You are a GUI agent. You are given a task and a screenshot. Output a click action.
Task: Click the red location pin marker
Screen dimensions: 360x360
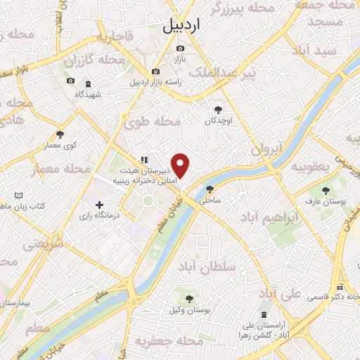point(181,165)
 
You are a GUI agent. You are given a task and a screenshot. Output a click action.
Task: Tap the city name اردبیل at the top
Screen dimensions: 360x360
point(181,26)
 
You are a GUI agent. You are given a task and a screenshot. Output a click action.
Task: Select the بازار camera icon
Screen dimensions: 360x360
point(181,49)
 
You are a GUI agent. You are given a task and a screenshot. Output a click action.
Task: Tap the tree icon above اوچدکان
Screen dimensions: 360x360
point(218,109)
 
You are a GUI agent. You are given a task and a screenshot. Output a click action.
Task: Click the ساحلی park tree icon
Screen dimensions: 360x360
point(210,188)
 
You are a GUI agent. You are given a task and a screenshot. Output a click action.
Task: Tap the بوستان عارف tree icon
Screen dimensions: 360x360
point(325,190)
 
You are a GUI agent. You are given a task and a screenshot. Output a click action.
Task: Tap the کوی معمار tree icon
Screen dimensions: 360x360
point(60,134)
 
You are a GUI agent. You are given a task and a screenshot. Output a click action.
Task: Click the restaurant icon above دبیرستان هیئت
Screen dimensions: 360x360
point(143,160)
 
